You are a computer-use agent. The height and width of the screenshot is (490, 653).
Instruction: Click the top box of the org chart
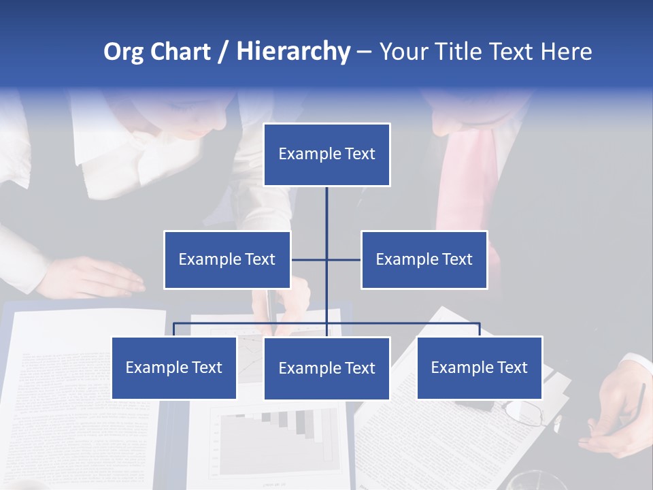(326, 154)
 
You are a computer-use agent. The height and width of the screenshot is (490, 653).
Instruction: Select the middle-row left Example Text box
(227, 259)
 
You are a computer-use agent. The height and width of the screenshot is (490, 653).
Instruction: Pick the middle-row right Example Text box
(424, 259)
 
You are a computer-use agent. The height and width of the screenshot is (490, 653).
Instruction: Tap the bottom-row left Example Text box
(174, 367)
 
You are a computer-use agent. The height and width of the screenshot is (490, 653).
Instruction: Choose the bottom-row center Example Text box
(326, 368)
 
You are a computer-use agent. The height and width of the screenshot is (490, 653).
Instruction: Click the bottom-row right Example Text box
(480, 367)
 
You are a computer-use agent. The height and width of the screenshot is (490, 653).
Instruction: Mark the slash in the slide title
(222, 52)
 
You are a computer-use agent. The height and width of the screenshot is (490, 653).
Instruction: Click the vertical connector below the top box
(326, 211)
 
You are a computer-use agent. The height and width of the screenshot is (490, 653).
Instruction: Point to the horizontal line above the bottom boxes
(408, 323)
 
